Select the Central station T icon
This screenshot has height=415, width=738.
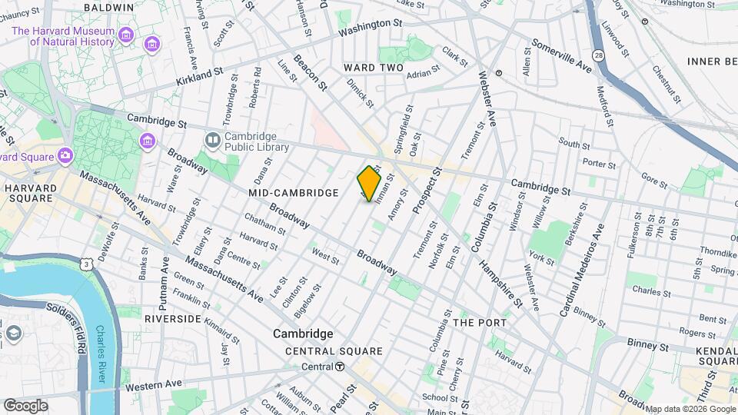pos(340,367)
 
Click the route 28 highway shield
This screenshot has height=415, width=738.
pos(598,55)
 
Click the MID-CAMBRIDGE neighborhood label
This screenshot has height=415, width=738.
pos(293,193)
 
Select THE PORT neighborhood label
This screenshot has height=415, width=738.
pos(479,322)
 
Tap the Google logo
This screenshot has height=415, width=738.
pos(25,405)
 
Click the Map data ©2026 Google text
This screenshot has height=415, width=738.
pos(690,409)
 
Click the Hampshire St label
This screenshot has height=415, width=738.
pos(500,282)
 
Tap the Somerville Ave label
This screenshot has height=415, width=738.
pos(562,56)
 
